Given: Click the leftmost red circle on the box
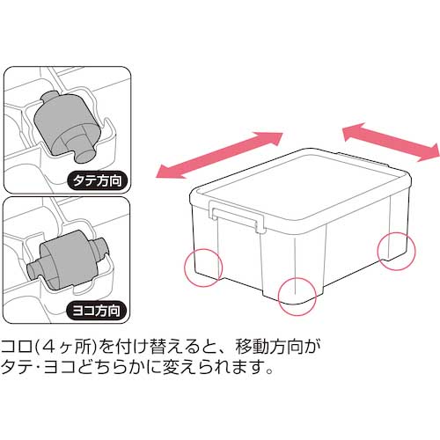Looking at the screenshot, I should (203, 267).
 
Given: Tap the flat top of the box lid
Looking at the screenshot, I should (299, 180).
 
